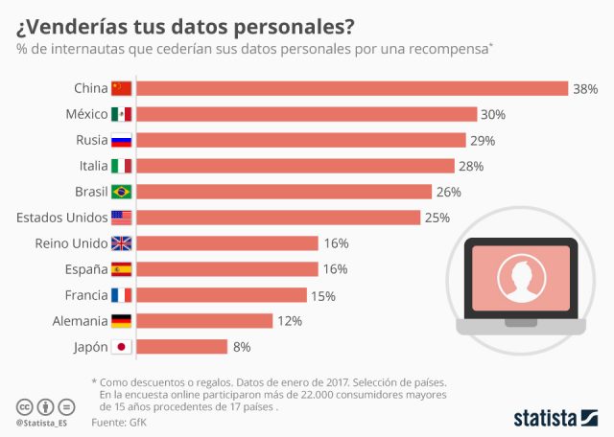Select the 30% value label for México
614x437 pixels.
pos(493,114)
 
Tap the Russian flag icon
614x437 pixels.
pos(122,140)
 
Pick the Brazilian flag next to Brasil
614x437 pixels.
pos(122,192)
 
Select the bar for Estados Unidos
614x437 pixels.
pos(279,218)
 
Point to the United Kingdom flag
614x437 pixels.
pos(122,243)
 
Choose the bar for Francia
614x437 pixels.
pos(222,295)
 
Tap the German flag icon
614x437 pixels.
pos(122,321)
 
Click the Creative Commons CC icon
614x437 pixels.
pos(24,406)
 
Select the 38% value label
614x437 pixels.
pos(585,88)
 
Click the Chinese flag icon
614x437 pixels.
pos(122,88)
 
